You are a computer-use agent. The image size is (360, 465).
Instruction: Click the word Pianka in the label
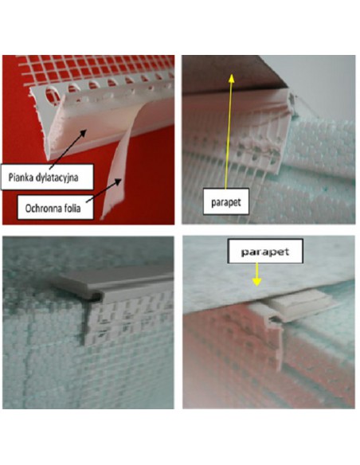coord(20,178)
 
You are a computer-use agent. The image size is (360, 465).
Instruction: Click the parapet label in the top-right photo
coord(225,202)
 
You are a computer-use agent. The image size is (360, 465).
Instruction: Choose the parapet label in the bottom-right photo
coord(264,252)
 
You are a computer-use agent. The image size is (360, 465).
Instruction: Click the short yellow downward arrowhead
coord(256,282)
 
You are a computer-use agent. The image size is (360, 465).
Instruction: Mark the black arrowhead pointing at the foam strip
coord(83,134)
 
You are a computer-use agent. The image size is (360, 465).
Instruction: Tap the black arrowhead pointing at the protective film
coord(118,182)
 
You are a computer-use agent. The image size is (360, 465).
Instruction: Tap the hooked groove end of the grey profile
coord(94,296)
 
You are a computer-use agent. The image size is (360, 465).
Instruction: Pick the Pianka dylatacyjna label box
coord(47,177)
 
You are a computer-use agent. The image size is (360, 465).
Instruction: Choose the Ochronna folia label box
coord(55,207)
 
